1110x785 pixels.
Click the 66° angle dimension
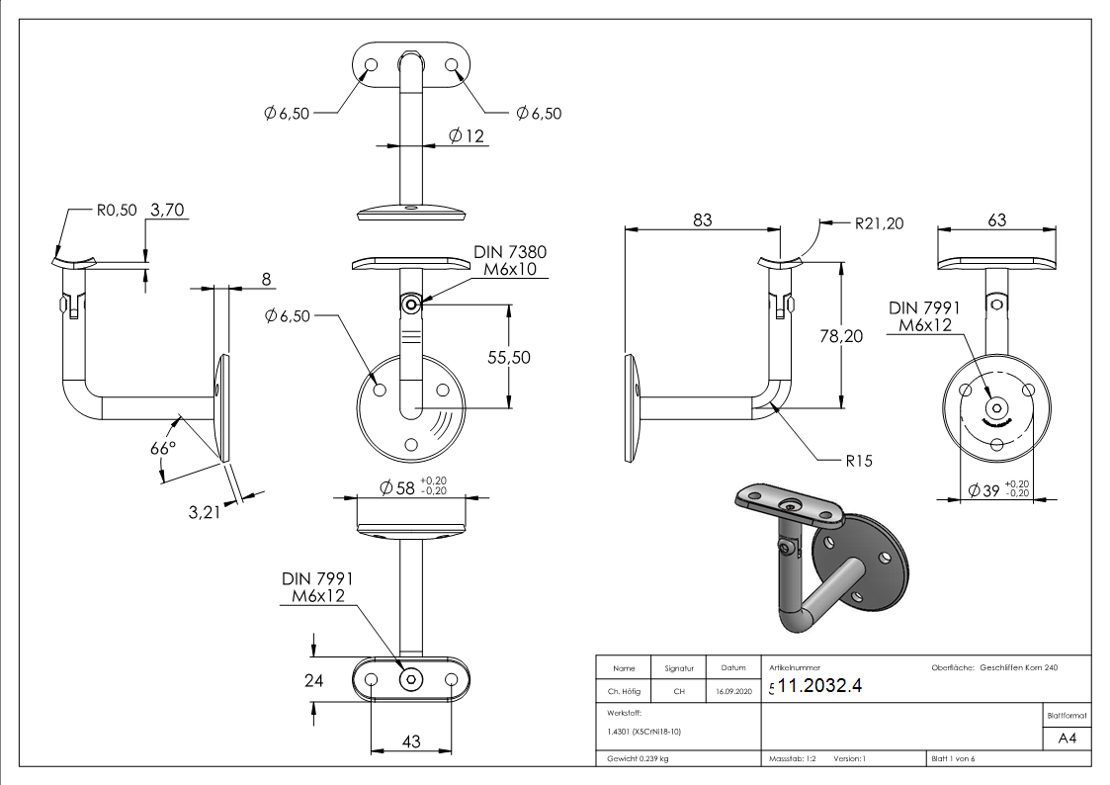pyautogui.click(x=162, y=447)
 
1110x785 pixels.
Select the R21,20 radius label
pyautogui.click(x=879, y=223)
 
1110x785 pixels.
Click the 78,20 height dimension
pyautogui.click(x=841, y=336)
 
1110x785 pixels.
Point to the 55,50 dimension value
pyautogui.click(x=509, y=357)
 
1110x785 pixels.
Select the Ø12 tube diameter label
pyautogui.click(x=467, y=136)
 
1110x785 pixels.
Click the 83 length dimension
pyautogui.click(x=702, y=219)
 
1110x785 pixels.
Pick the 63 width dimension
pyautogui.click(x=996, y=220)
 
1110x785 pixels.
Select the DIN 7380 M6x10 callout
pyautogui.click(x=514, y=261)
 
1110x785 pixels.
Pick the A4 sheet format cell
pyautogui.click(x=1066, y=738)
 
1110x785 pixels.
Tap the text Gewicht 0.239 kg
pyautogui.click(x=634, y=758)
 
